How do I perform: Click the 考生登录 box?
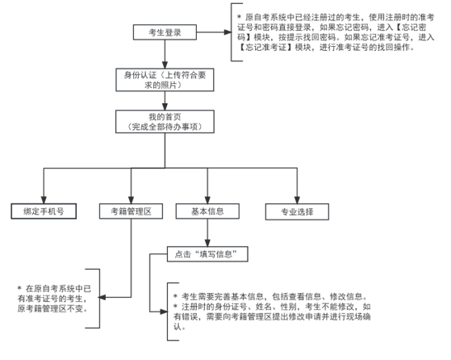[x=165, y=31]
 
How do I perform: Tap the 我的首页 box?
[x=165, y=122]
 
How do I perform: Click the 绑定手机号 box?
[x=44, y=211]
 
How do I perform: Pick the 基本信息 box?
[x=207, y=211]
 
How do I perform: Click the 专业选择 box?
[x=298, y=211]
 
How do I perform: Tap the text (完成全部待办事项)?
[x=165, y=127]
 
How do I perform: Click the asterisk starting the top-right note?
[x=239, y=15]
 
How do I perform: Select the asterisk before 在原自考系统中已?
[x=20, y=287]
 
